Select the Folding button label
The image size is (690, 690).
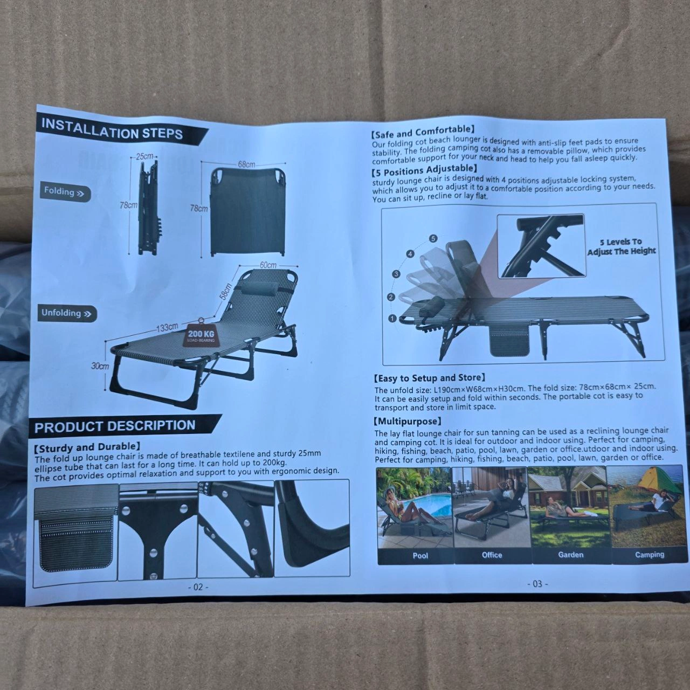pos(65,192)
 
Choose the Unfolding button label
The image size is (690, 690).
pos(67,314)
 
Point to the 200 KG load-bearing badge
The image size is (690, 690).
pos(201,335)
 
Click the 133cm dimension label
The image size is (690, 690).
pos(167,328)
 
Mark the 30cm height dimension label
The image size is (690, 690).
pos(100,366)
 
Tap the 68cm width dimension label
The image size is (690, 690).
pos(246,164)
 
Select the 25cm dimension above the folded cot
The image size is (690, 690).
pos(144,156)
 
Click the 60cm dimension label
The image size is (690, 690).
pos(268,265)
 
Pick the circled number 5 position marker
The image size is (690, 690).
pos(433,238)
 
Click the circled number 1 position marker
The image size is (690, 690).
pos(393,319)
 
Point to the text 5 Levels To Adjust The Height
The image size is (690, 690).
pos(621,246)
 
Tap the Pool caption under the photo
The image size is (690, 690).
pos(420,556)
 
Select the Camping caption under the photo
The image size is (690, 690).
pos(650,555)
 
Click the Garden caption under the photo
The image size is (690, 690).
pos(571,555)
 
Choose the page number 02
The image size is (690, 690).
pos(198,587)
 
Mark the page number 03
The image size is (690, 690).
pos(537,584)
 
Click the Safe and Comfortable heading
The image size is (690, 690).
pos(423,132)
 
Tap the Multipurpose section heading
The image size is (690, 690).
pos(408,421)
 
